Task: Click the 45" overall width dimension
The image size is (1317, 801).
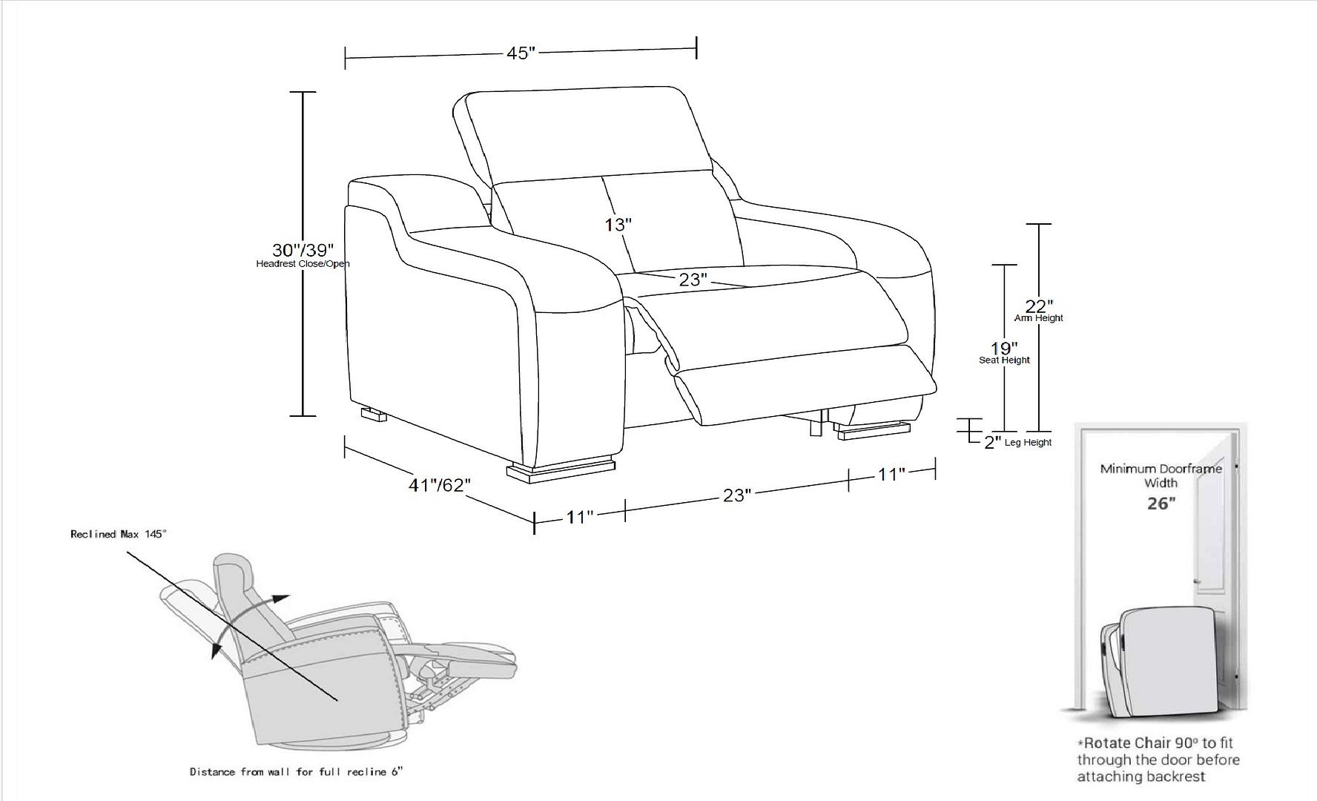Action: [x=521, y=53]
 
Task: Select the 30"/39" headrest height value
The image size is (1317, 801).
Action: [x=303, y=250]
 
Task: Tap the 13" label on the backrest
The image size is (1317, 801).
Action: [x=617, y=224]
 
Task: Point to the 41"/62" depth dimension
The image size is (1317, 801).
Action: [x=440, y=485]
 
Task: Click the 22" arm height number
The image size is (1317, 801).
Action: [x=1039, y=306]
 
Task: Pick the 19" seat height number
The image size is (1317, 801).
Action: [x=1004, y=348]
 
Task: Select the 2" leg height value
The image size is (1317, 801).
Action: [x=993, y=443]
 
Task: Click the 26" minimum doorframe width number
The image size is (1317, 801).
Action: [x=1161, y=504]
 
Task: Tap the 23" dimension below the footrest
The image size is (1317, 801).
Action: [x=737, y=495]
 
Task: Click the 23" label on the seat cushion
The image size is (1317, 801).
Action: [x=693, y=280]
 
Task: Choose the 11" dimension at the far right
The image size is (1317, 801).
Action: [x=891, y=474]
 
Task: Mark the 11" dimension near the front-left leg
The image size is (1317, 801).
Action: [x=580, y=516]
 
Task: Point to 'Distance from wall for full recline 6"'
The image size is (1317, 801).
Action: [x=296, y=772]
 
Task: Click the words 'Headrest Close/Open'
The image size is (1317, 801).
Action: [x=303, y=264]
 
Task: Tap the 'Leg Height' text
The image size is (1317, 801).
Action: [x=1030, y=443]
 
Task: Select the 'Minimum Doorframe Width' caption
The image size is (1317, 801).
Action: [x=1161, y=475]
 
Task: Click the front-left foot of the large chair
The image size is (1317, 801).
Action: [x=561, y=471]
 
